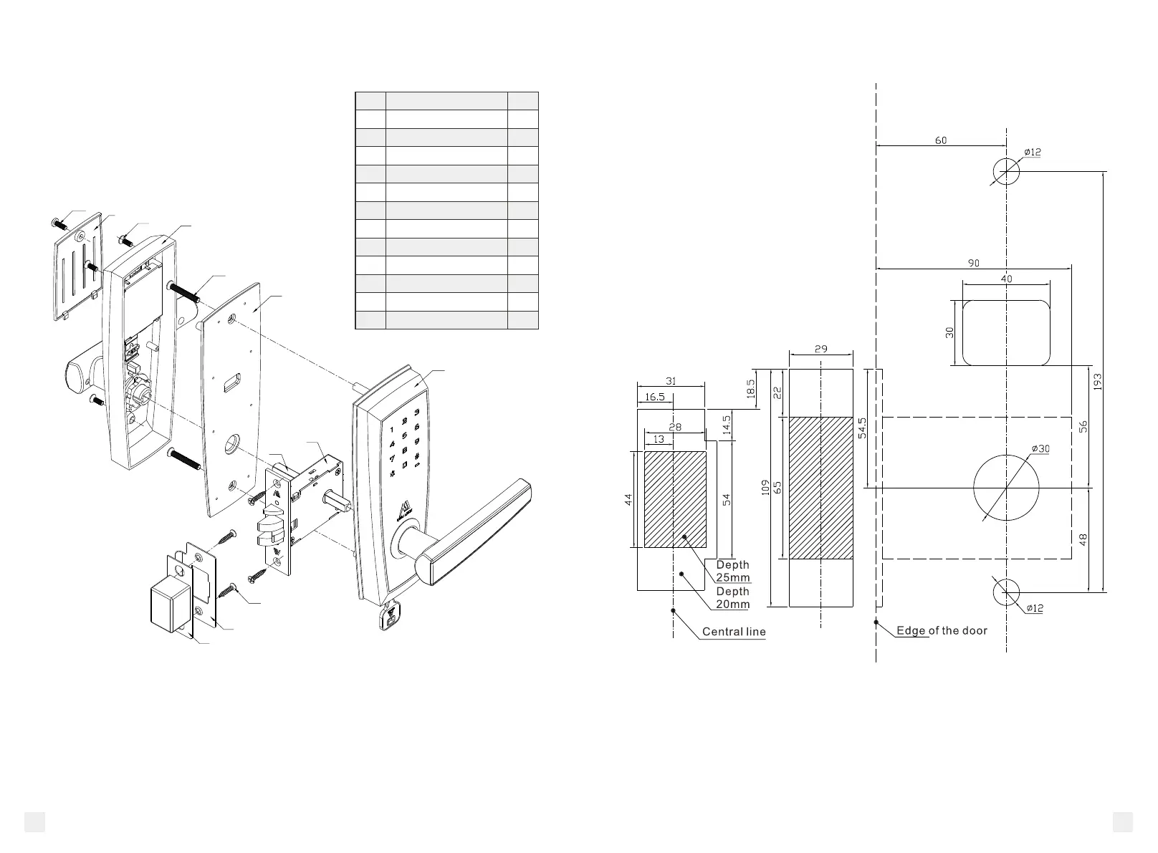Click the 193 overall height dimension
(x=1097, y=382)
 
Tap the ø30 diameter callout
(x=1040, y=449)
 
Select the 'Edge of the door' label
(x=942, y=630)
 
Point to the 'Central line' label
(x=733, y=632)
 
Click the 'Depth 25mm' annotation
(x=732, y=572)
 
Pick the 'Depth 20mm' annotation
(x=732, y=598)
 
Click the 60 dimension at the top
(x=940, y=140)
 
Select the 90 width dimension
(x=973, y=264)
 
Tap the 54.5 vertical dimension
(x=863, y=428)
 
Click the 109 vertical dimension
(x=765, y=488)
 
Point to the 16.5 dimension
(x=654, y=397)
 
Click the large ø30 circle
(x=1006, y=488)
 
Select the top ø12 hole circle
(x=1006, y=171)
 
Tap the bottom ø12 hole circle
(x=1006, y=592)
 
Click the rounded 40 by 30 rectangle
(x=1006, y=332)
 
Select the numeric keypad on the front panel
(x=403, y=437)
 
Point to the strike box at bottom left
(x=171, y=606)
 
